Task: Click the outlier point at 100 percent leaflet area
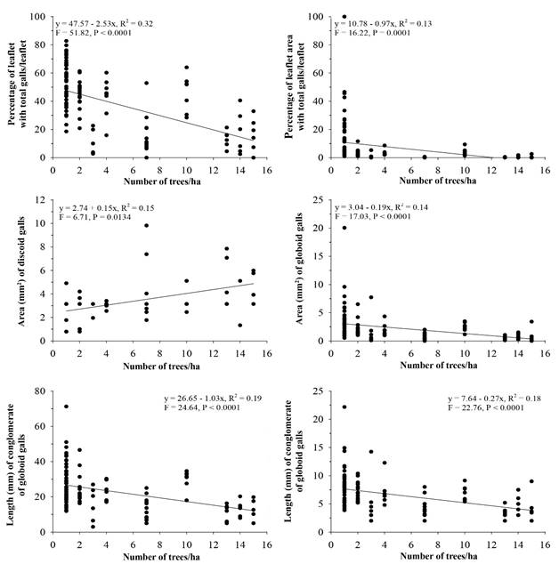[x=344, y=17]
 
